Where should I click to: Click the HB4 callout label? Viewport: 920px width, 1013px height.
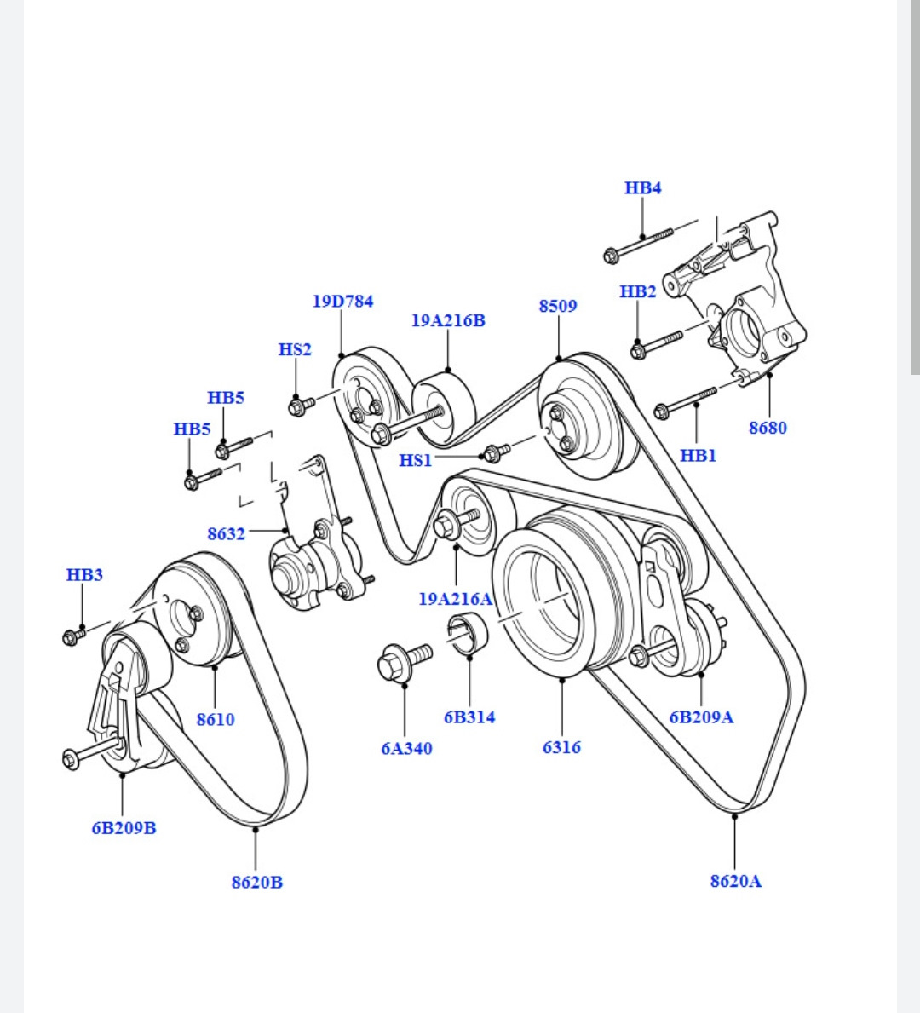pos(642,188)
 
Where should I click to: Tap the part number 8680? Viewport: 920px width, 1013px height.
pos(768,428)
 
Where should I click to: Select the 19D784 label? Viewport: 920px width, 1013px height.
pos(342,302)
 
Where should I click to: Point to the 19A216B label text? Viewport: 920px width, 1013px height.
pos(448,321)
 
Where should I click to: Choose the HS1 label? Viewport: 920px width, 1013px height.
pos(416,461)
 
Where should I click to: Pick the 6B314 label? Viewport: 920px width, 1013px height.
pos(469,717)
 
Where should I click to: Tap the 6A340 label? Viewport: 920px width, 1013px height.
pos(406,749)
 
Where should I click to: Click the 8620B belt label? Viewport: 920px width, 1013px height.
pos(256,882)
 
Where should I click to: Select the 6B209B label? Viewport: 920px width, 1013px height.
pos(124,828)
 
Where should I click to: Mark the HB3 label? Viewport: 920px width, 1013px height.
pos(84,575)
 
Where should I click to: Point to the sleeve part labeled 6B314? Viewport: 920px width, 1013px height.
pos(468,635)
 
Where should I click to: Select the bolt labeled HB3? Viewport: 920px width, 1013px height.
pos(75,635)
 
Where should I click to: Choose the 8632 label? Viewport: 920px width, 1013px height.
pos(226,534)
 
